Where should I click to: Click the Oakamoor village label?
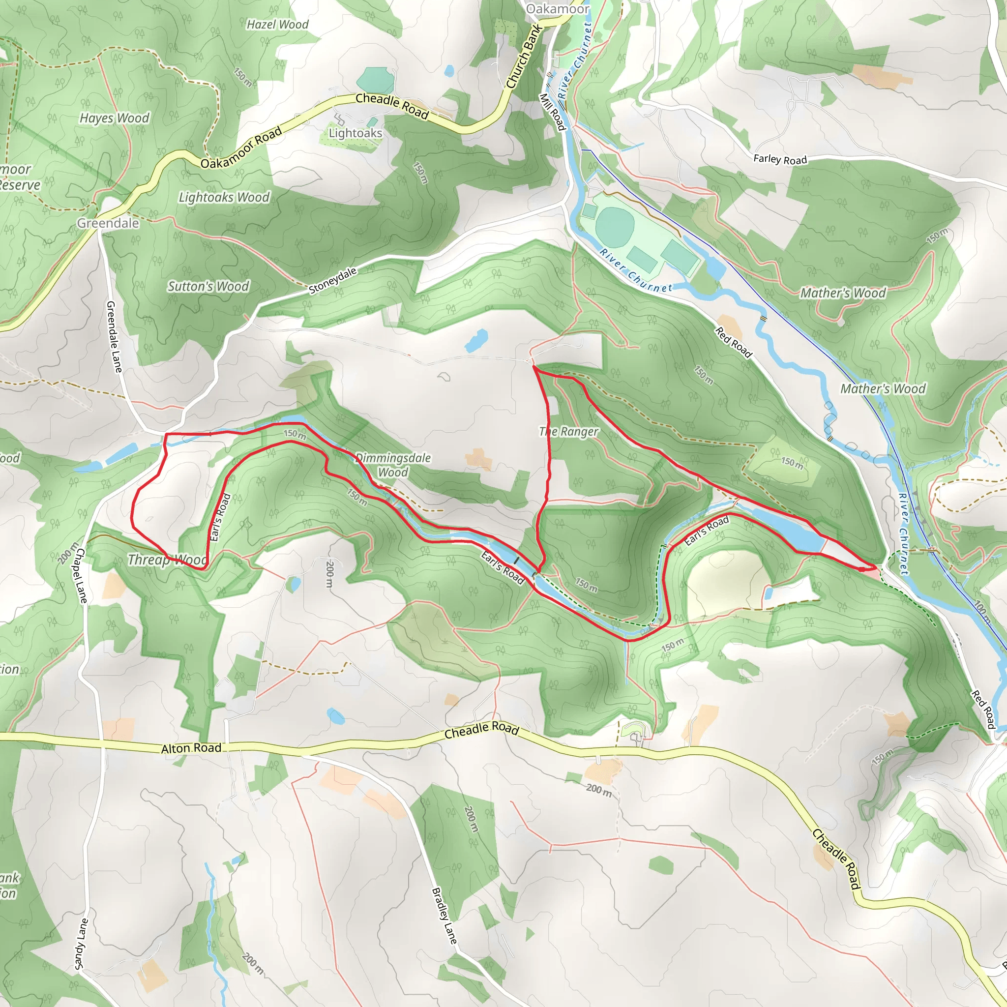click(557, 9)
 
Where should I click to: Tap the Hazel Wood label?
click(277, 25)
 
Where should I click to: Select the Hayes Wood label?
click(114, 118)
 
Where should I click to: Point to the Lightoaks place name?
click(355, 133)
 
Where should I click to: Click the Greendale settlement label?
click(108, 223)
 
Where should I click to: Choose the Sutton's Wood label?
click(208, 286)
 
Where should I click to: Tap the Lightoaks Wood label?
click(224, 197)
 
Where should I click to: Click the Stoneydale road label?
click(332, 281)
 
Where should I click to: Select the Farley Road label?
click(780, 159)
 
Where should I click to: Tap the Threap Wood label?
click(167, 560)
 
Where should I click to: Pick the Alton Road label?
click(191, 748)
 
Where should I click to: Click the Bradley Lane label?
click(444, 916)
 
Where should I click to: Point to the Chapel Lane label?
click(82, 575)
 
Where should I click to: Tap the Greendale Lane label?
click(114, 337)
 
